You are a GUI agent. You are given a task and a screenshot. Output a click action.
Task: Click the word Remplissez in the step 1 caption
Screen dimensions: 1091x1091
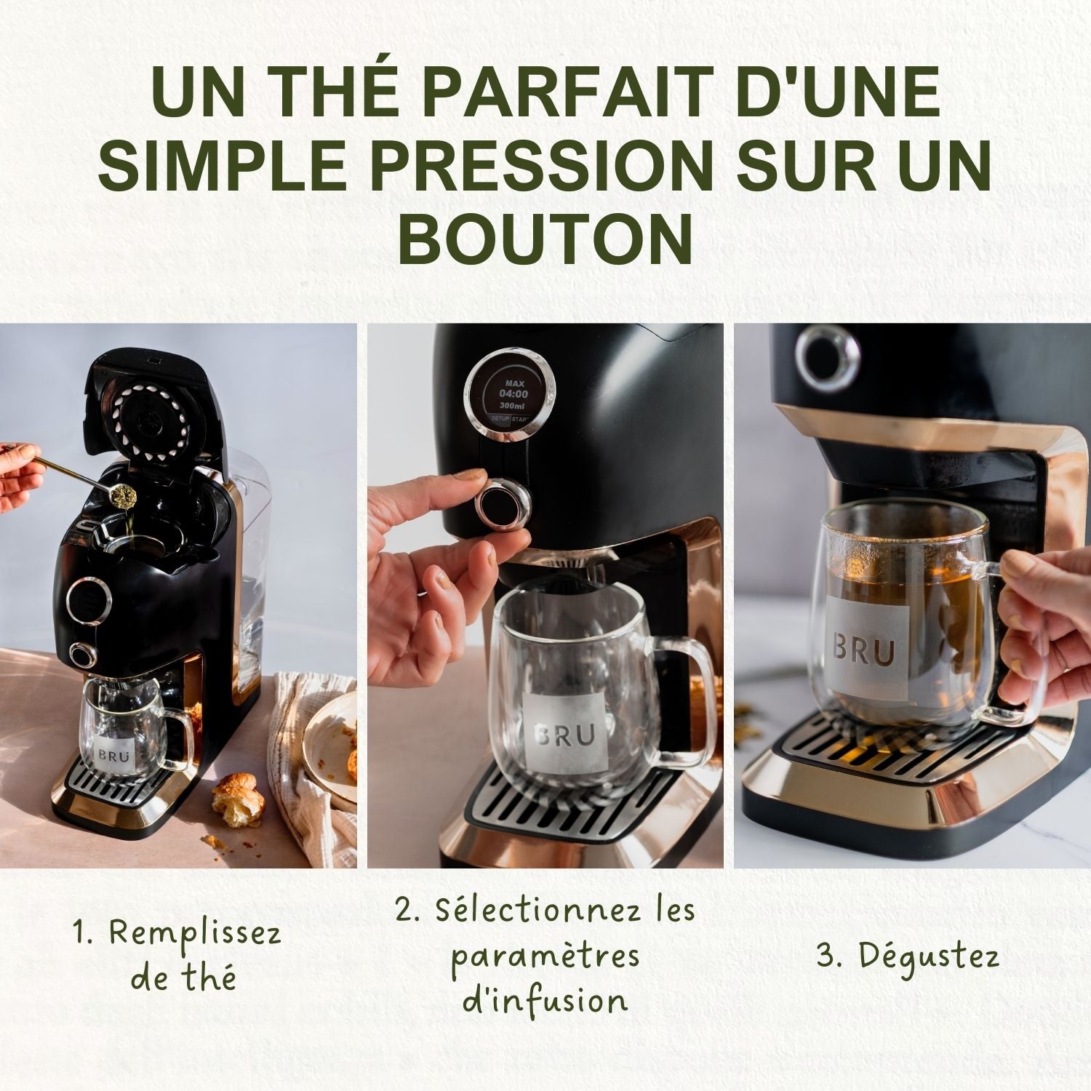(195, 933)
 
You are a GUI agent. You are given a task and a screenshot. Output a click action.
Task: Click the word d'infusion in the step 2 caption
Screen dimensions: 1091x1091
(545, 1002)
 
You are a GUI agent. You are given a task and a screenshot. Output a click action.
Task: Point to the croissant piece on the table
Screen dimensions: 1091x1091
(238, 798)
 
